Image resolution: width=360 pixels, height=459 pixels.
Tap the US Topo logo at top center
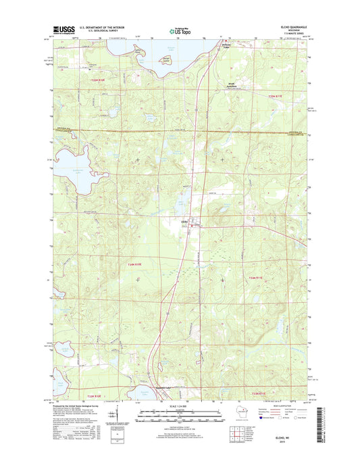pos(179,30)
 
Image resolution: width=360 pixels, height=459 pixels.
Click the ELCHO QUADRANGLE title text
pos(291,27)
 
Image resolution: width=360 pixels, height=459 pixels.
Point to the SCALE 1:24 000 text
pos(180,406)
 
